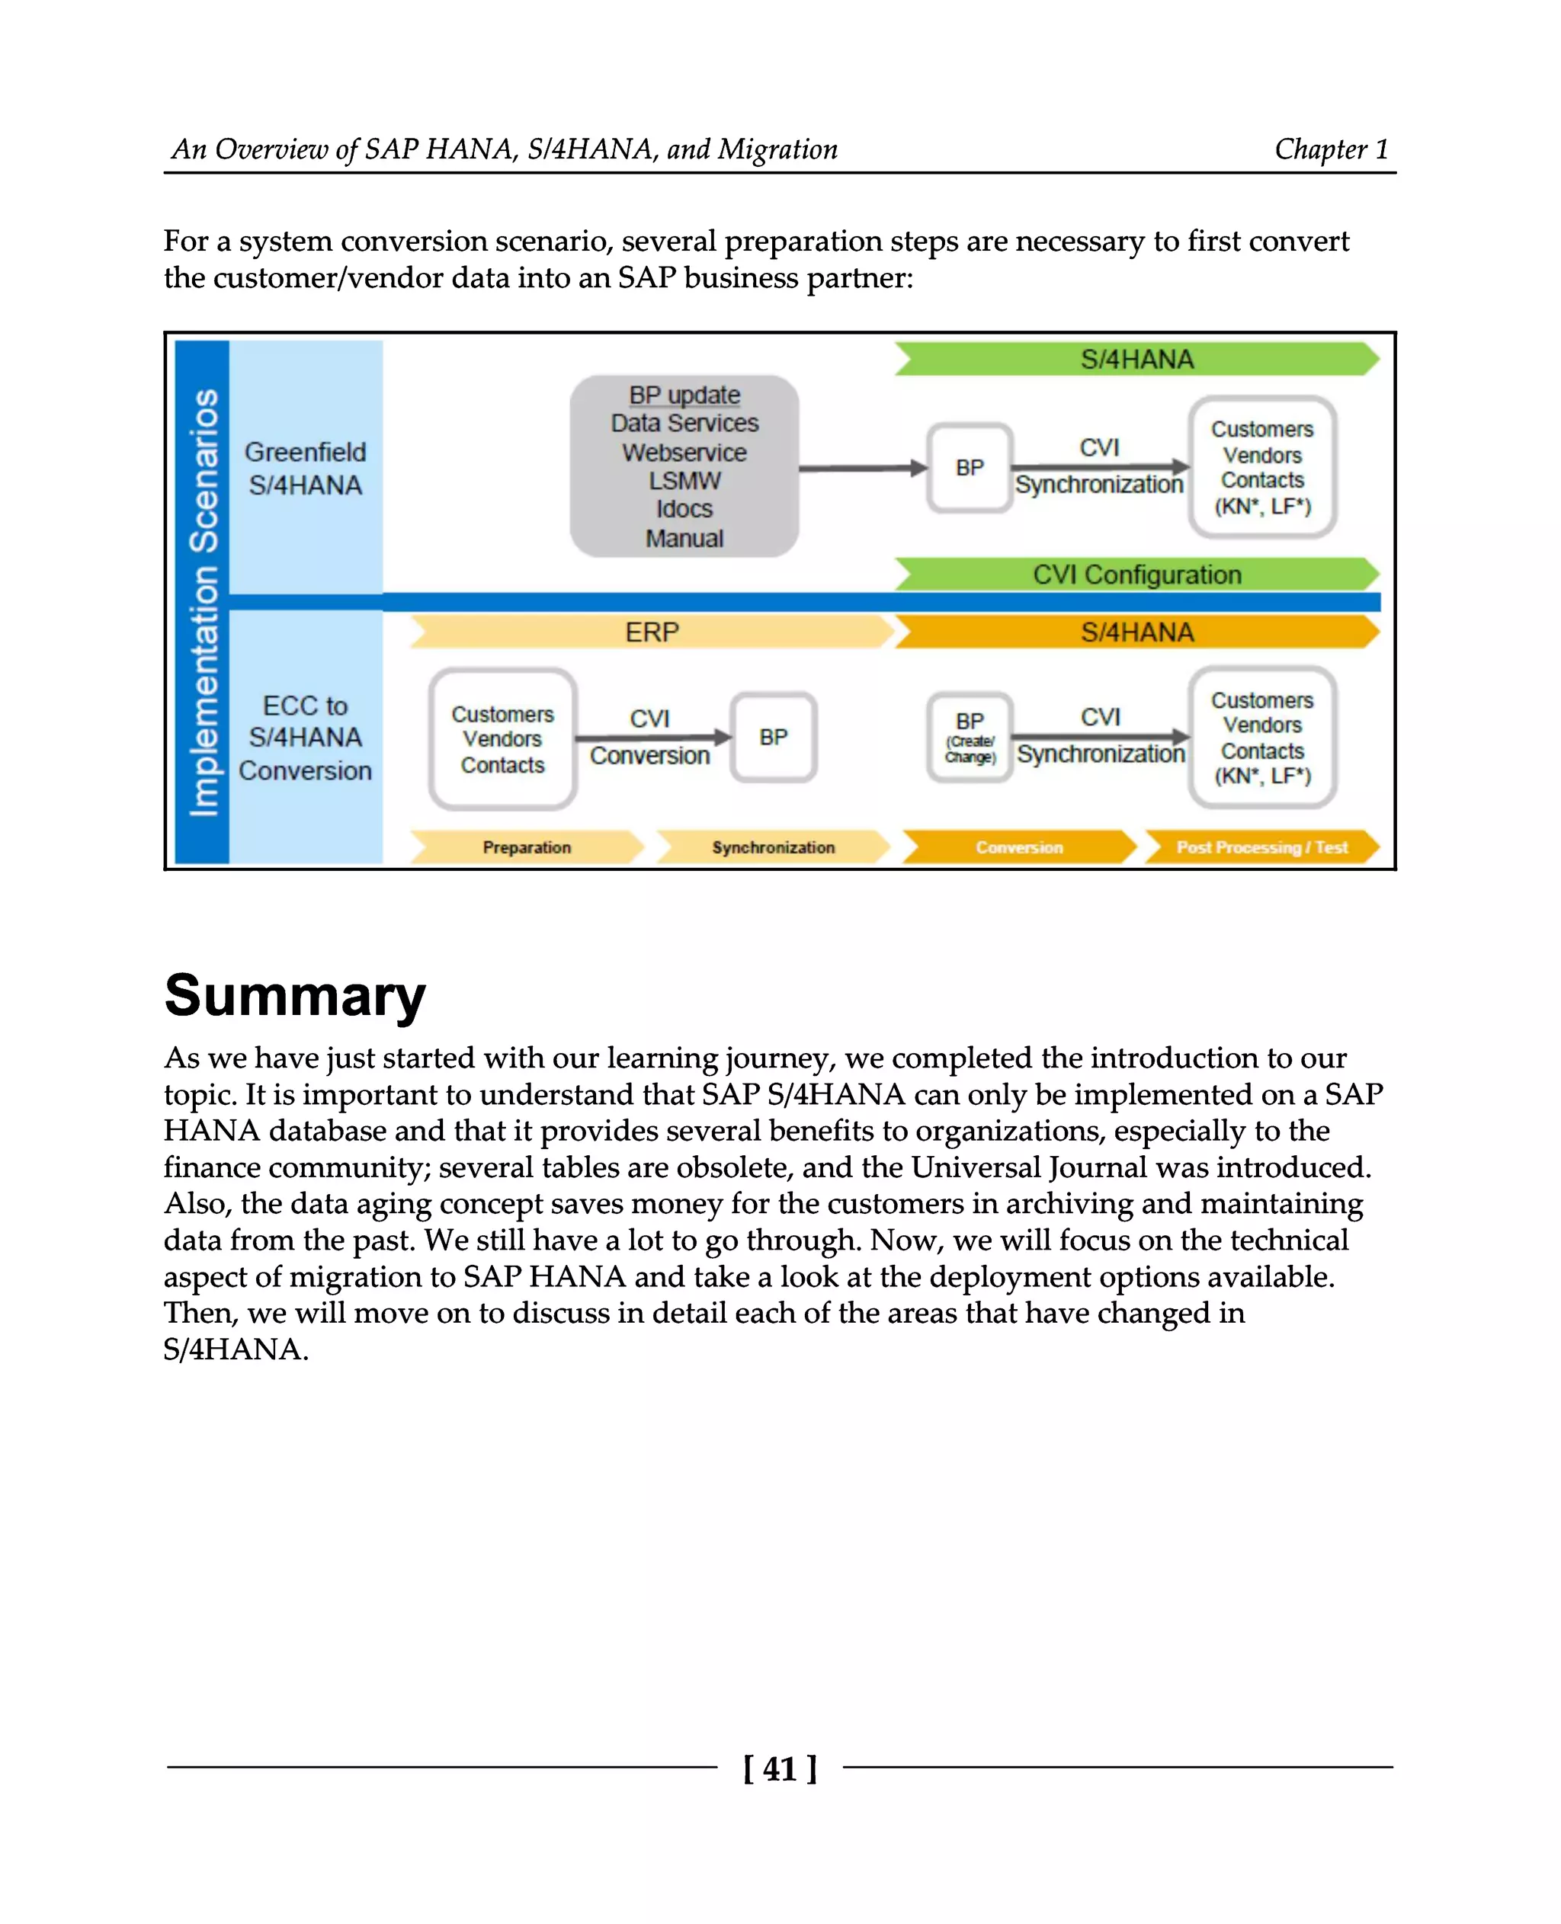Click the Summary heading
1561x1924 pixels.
click(295, 996)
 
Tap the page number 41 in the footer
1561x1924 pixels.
click(779, 1769)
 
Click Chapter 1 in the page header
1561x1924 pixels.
click(1331, 149)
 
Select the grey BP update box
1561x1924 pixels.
click(684, 466)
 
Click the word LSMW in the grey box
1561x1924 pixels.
click(684, 481)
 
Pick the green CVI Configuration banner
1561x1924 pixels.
click(1136, 575)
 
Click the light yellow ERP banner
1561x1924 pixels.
click(652, 632)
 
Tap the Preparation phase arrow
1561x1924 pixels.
click(527, 847)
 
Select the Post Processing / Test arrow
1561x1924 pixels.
click(1261, 847)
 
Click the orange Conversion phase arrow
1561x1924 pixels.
click(1019, 847)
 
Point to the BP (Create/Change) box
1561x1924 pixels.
click(970, 738)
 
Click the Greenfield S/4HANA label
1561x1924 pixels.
click(305, 469)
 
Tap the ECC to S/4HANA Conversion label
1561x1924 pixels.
click(305, 738)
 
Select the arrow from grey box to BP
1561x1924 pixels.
click(861, 468)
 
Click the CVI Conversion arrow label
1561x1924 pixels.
click(650, 738)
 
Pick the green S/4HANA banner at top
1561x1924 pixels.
click(1136, 359)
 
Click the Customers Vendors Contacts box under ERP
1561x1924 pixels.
click(502, 739)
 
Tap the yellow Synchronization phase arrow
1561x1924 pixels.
click(772, 847)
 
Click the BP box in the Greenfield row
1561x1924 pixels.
click(970, 468)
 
